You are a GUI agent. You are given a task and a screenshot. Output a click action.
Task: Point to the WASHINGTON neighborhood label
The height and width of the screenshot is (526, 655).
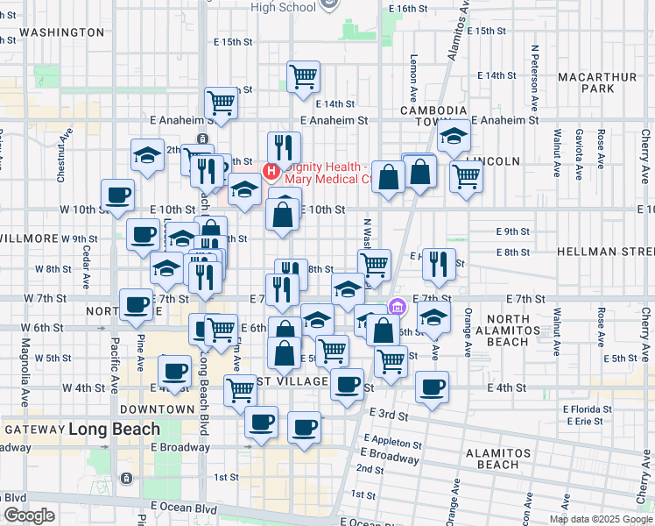(61, 32)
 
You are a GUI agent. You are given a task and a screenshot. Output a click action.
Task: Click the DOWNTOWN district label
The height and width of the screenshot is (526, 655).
(157, 409)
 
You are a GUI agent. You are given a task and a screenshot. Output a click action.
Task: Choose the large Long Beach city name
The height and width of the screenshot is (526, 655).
(114, 430)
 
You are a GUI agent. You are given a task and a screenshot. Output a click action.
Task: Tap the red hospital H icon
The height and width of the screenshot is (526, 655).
(271, 169)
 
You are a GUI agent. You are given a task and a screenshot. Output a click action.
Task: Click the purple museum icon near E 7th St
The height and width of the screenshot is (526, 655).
(397, 307)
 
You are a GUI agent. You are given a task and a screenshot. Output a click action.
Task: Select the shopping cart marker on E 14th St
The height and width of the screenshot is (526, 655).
(303, 76)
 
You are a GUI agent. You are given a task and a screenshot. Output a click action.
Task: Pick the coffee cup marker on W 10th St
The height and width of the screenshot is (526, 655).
(117, 195)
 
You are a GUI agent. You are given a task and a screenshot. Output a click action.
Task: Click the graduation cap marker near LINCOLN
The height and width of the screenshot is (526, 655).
(454, 135)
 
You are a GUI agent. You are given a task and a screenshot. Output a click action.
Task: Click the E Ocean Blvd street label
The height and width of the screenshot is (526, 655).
(184, 508)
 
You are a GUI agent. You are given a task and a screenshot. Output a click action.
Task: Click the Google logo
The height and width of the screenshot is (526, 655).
(29, 515)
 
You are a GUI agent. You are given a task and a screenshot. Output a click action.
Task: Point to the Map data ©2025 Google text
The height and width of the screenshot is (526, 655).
(600, 519)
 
